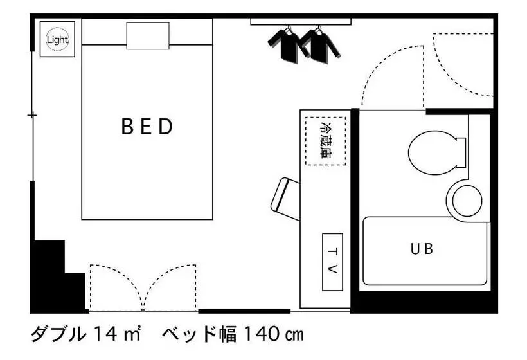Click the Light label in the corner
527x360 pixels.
coord(57,40)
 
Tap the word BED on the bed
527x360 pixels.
coord(147,127)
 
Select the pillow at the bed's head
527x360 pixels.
coord(148,36)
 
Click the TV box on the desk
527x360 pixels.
coord(332,262)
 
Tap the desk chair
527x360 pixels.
coord(285,199)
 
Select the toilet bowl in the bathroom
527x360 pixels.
coord(433,152)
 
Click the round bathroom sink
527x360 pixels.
coord(467,201)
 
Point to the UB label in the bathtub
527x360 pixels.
coord(422,249)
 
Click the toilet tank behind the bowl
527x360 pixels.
coord(461,152)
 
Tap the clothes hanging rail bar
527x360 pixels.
coord(301,22)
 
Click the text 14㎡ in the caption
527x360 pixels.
coord(116,334)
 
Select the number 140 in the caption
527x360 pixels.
coord(262,334)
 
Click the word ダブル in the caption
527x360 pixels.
coord(58,334)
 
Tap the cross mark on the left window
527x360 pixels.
coord(32,115)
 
